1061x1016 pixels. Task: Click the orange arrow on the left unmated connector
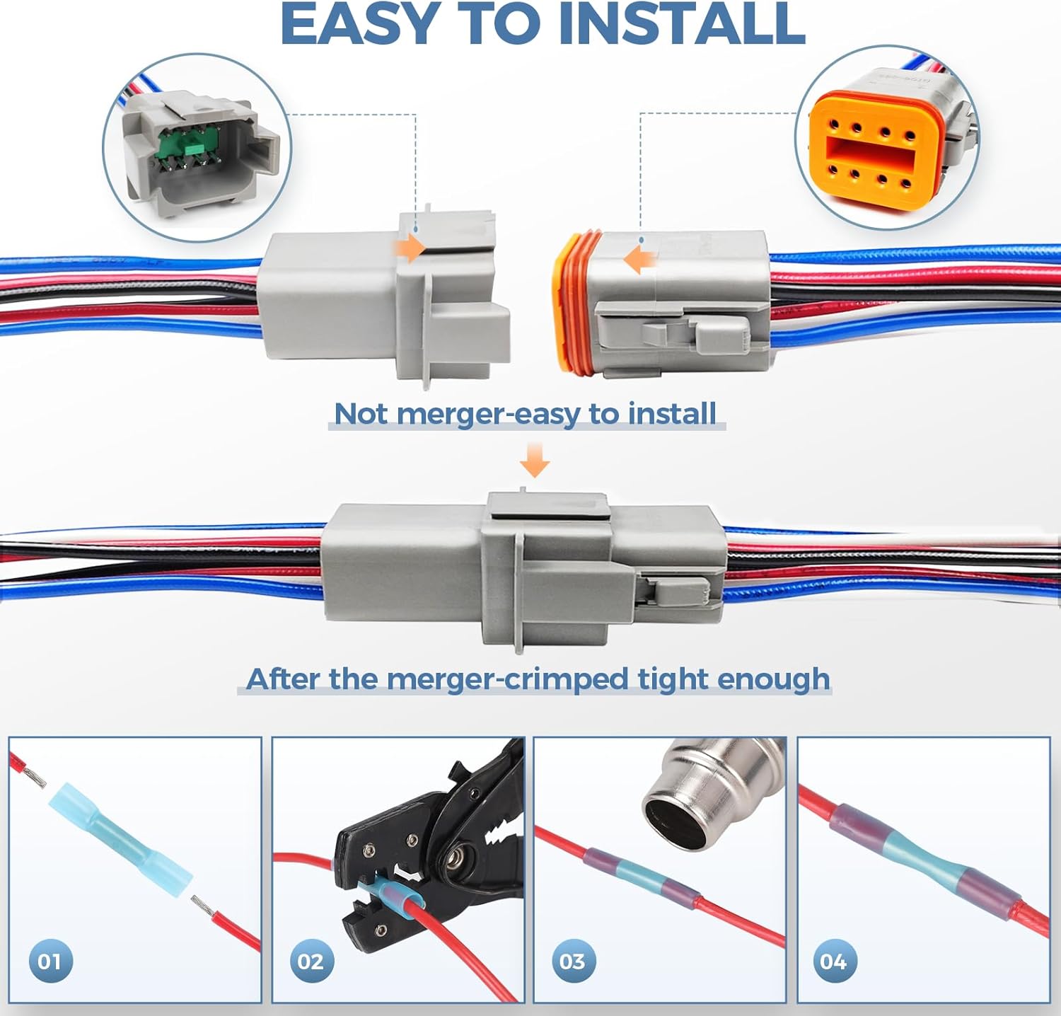click(410, 248)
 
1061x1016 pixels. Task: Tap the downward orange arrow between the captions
click(534, 459)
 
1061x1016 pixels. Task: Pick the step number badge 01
click(50, 960)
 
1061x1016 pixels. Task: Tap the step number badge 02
click(311, 960)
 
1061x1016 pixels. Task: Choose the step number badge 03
click(573, 960)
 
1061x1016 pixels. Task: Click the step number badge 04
click(834, 960)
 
